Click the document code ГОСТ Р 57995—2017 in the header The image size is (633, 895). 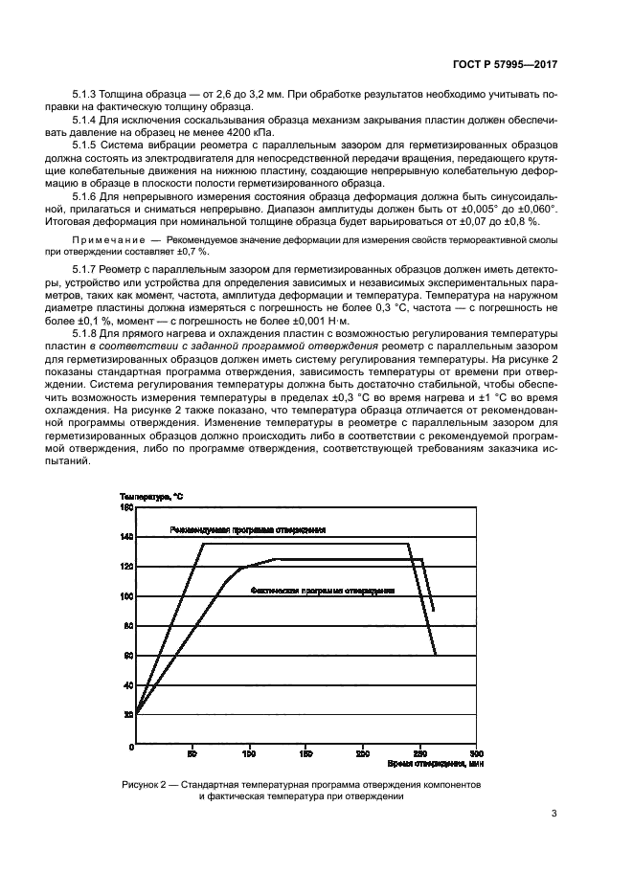[506, 64]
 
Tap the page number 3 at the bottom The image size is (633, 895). [554, 816]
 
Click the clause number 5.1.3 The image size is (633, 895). [87, 97]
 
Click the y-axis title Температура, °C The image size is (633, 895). [151, 496]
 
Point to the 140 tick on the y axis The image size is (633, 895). [126, 537]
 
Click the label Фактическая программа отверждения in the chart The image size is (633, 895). [323, 591]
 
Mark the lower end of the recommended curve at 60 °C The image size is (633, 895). [436, 655]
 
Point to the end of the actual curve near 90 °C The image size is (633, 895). [434, 611]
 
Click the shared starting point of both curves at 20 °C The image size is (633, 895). [137, 713]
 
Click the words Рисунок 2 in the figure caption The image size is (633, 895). [145, 784]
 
